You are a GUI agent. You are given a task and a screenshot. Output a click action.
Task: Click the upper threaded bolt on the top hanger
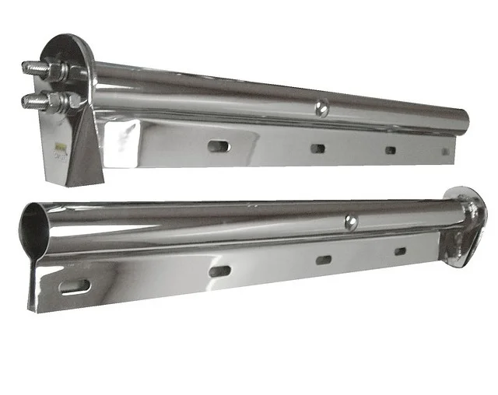tap(35, 68)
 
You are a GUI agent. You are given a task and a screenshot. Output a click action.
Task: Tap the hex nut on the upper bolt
tap(59, 72)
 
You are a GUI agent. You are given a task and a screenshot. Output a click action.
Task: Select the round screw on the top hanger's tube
tap(321, 110)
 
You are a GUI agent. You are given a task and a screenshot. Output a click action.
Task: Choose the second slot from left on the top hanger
tap(317, 148)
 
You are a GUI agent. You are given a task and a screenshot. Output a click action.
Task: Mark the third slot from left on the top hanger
tap(390, 150)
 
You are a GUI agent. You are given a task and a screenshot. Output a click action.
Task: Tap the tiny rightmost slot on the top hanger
tap(446, 151)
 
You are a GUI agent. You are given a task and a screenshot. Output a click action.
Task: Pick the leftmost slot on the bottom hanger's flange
tap(75, 286)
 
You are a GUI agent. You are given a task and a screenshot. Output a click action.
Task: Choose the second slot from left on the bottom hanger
tap(219, 271)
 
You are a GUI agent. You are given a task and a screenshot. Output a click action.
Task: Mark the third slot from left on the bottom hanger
tap(324, 260)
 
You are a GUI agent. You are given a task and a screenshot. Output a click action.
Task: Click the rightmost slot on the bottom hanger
tap(400, 251)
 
